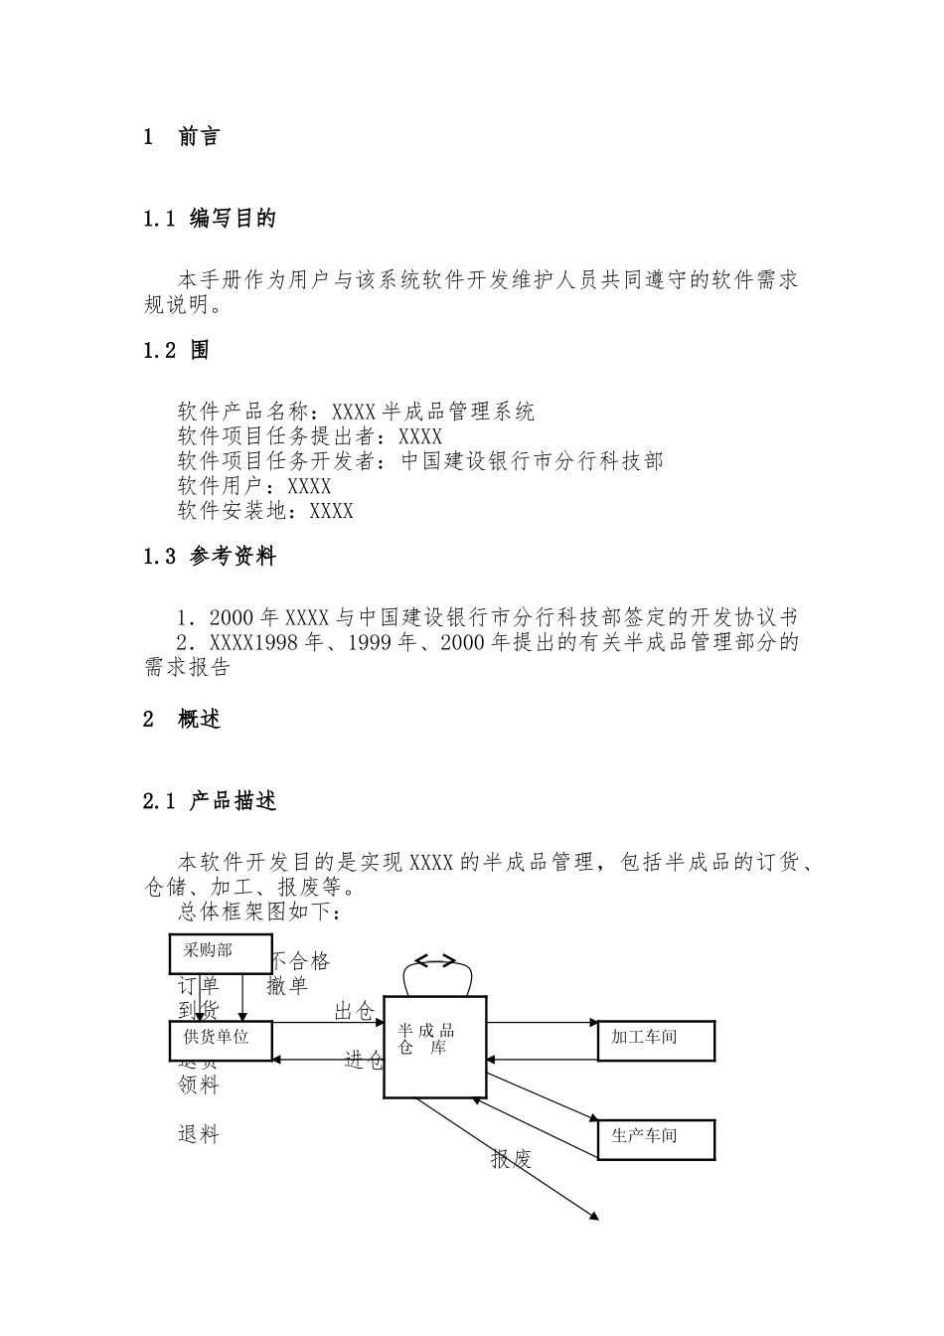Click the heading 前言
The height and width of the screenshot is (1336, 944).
click(x=199, y=137)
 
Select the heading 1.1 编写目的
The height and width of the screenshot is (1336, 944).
click(x=210, y=219)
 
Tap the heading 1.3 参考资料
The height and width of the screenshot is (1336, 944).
click(x=210, y=557)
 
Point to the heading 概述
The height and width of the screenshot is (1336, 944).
click(x=199, y=720)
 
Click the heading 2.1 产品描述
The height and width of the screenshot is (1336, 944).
click(x=210, y=801)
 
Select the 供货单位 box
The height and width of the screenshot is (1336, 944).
click(x=221, y=1040)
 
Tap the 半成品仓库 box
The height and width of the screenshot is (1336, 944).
click(x=434, y=1046)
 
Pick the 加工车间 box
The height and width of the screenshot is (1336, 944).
click(x=656, y=1040)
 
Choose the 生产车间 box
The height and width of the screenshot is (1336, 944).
click(x=656, y=1139)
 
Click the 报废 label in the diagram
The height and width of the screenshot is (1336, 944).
click(x=512, y=1159)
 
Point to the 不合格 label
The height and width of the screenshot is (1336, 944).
click(x=300, y=961)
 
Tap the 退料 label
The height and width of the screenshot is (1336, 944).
click(x=198, y=1134)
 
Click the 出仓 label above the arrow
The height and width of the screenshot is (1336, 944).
click(x=354, y=1012)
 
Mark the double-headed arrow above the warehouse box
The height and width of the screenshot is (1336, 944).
click(x=435, y=960)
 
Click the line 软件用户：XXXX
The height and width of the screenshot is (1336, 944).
click(x=254, y=486)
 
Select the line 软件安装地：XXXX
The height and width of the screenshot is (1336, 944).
click(x=265, y=511)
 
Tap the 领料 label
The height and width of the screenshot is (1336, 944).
click(x=198, y=1085)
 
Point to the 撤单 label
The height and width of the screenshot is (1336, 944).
click(x=287, y=986)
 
